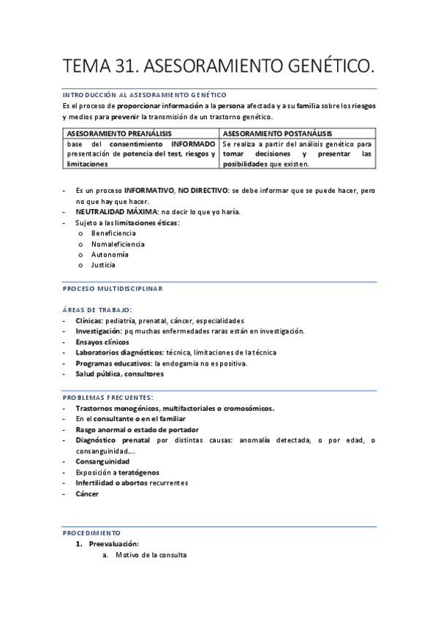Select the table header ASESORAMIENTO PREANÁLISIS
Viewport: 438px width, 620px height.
(119, 134)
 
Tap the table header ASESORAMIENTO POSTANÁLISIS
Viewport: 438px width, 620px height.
(277, 134)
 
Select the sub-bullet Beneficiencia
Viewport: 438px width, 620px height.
(113, 233)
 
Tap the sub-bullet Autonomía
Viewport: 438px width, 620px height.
(110, 254)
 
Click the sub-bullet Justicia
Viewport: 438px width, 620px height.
(103, 265)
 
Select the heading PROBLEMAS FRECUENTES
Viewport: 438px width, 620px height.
(108, 397)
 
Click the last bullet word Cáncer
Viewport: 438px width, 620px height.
(87, 494)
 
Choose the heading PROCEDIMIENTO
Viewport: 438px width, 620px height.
(91, 533)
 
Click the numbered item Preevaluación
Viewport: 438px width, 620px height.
(113, 544)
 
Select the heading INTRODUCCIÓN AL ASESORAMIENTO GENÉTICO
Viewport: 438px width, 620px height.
(144, 95)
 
